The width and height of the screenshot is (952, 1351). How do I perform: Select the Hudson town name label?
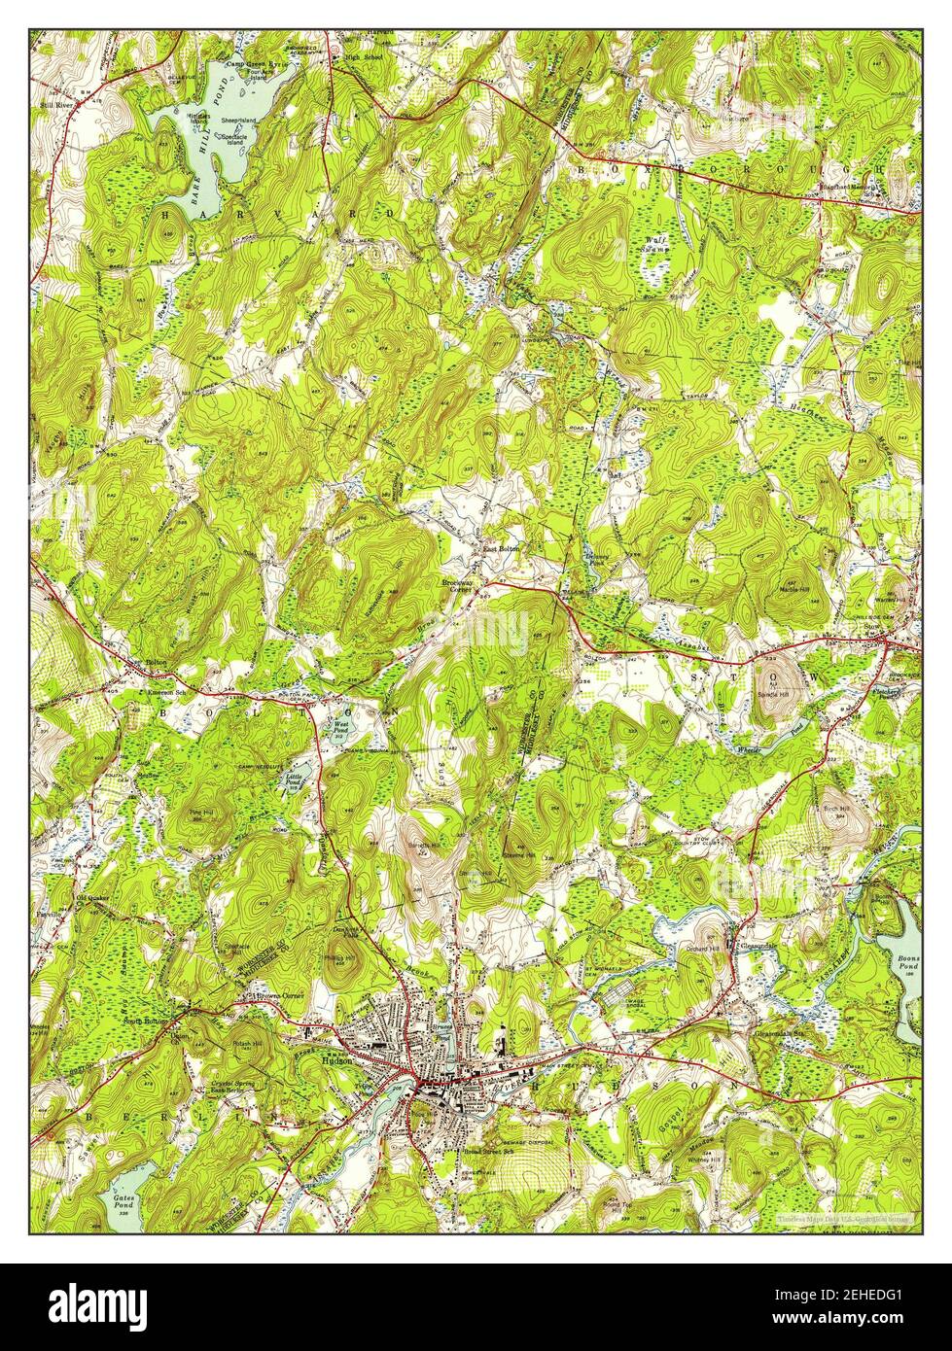[356, 1061]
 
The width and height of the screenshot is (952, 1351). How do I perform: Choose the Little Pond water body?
[299, 775]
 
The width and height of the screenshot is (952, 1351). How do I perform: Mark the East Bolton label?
[503, 549]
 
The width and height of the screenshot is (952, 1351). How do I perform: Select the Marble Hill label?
[793, 592]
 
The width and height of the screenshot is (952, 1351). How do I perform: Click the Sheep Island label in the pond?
[238, 120]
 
